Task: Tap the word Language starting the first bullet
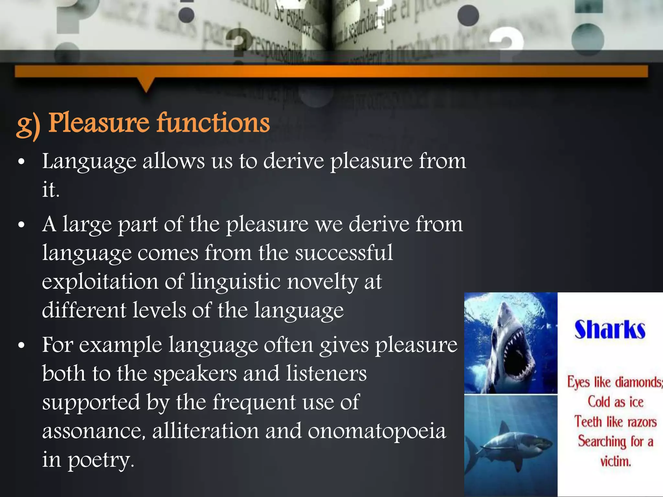click(89, 162)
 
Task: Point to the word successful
click(344, 253)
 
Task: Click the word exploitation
click(100, 282)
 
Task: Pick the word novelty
click(322, 282)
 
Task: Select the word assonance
click(94, 431)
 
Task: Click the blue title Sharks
click(610, 330)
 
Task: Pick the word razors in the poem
click(642, 422)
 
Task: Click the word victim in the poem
click(615, 461)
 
